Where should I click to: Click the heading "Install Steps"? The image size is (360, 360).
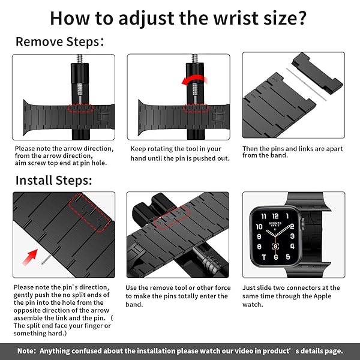point(53,179)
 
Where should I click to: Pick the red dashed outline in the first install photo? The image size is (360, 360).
point(90,213)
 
